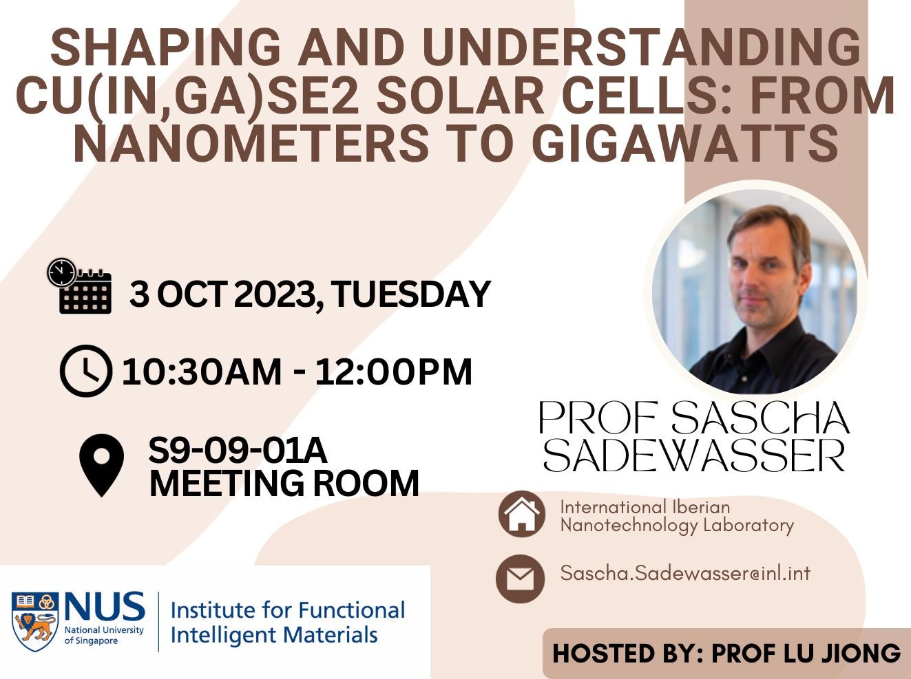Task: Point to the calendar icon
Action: [x=81, y=287]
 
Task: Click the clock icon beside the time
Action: [x=85, y=371]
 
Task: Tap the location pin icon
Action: [x=102, y=465]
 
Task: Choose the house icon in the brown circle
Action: [x=522, y=514]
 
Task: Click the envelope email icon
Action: [x=520, y=579]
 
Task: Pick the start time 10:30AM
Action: [x=201, y=372]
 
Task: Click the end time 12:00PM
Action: [x=393, y=372]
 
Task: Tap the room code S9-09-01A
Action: [x=238, y=451]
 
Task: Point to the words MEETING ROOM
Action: [x=284, y=483]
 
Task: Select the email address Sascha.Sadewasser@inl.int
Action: [x=685, y=573]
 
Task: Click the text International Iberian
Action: [x=645, y=507]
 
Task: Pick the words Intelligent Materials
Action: [x=273, y=634]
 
